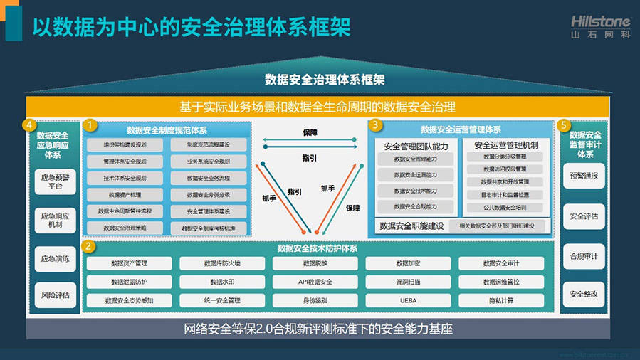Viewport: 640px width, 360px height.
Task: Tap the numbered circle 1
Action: [90, 125]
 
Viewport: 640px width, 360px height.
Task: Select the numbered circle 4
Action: [29, 125]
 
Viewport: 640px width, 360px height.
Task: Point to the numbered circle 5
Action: [565, 125]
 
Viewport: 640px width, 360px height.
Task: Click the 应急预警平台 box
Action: [56, 181]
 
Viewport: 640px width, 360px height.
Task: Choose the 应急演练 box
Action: [56, 259]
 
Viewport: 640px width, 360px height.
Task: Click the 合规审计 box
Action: [584, 255]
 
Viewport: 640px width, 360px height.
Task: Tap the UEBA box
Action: [408, 300]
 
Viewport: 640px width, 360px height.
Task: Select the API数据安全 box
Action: [315, 282]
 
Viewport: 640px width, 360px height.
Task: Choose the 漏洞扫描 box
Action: [408, 282]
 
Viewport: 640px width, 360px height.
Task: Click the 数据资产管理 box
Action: [130, 263]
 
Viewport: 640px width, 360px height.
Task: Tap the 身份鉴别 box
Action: [315, 300]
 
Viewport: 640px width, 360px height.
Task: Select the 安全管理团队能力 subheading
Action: [416, 145]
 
